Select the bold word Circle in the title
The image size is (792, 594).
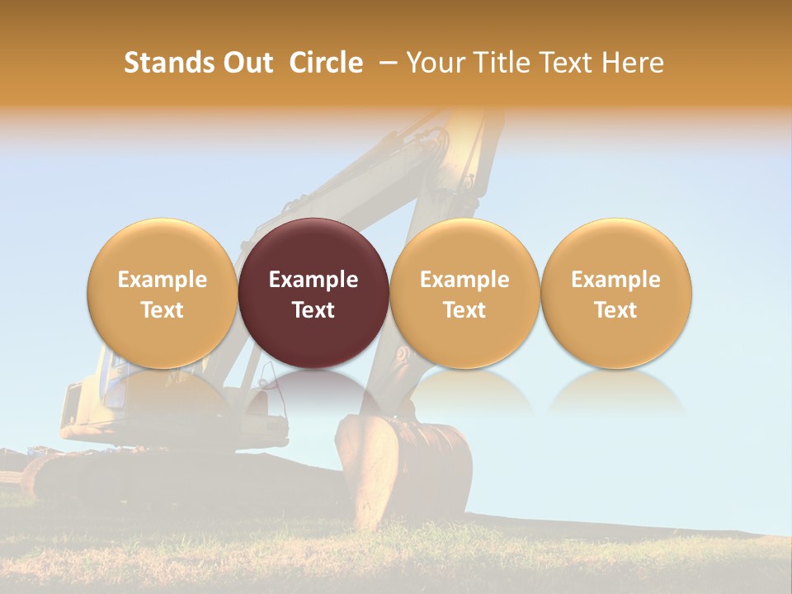[326, 63]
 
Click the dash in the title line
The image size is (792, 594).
[384, 63]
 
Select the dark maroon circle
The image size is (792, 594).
[313, 293]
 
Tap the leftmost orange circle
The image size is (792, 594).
[162, 293]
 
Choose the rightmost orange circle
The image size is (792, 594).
[616, 293]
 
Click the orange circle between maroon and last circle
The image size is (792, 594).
[464, 293]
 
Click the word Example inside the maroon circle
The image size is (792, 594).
[313, 280]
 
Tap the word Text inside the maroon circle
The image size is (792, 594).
[313, 310]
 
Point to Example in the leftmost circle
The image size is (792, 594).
[162, 280]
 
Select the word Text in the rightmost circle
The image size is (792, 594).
[616, 310]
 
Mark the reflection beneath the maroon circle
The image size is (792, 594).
[313, 392]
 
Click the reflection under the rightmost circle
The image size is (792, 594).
[616, 392]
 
